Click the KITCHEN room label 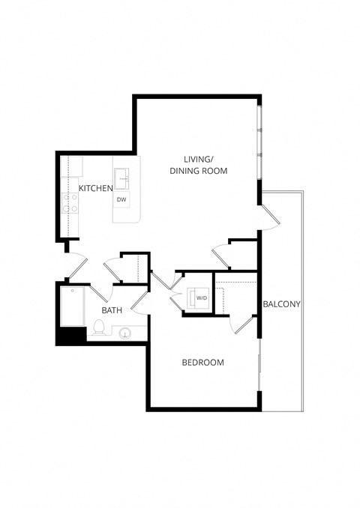click(96, 187)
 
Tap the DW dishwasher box click(122, 199)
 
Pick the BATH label click(112, 310)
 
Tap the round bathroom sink click(124, 332)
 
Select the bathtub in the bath click(72, 307)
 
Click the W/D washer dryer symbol click(201, 298)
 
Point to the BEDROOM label click(203, 363)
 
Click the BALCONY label click(282, 303)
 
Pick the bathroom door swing click(140, 302)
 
